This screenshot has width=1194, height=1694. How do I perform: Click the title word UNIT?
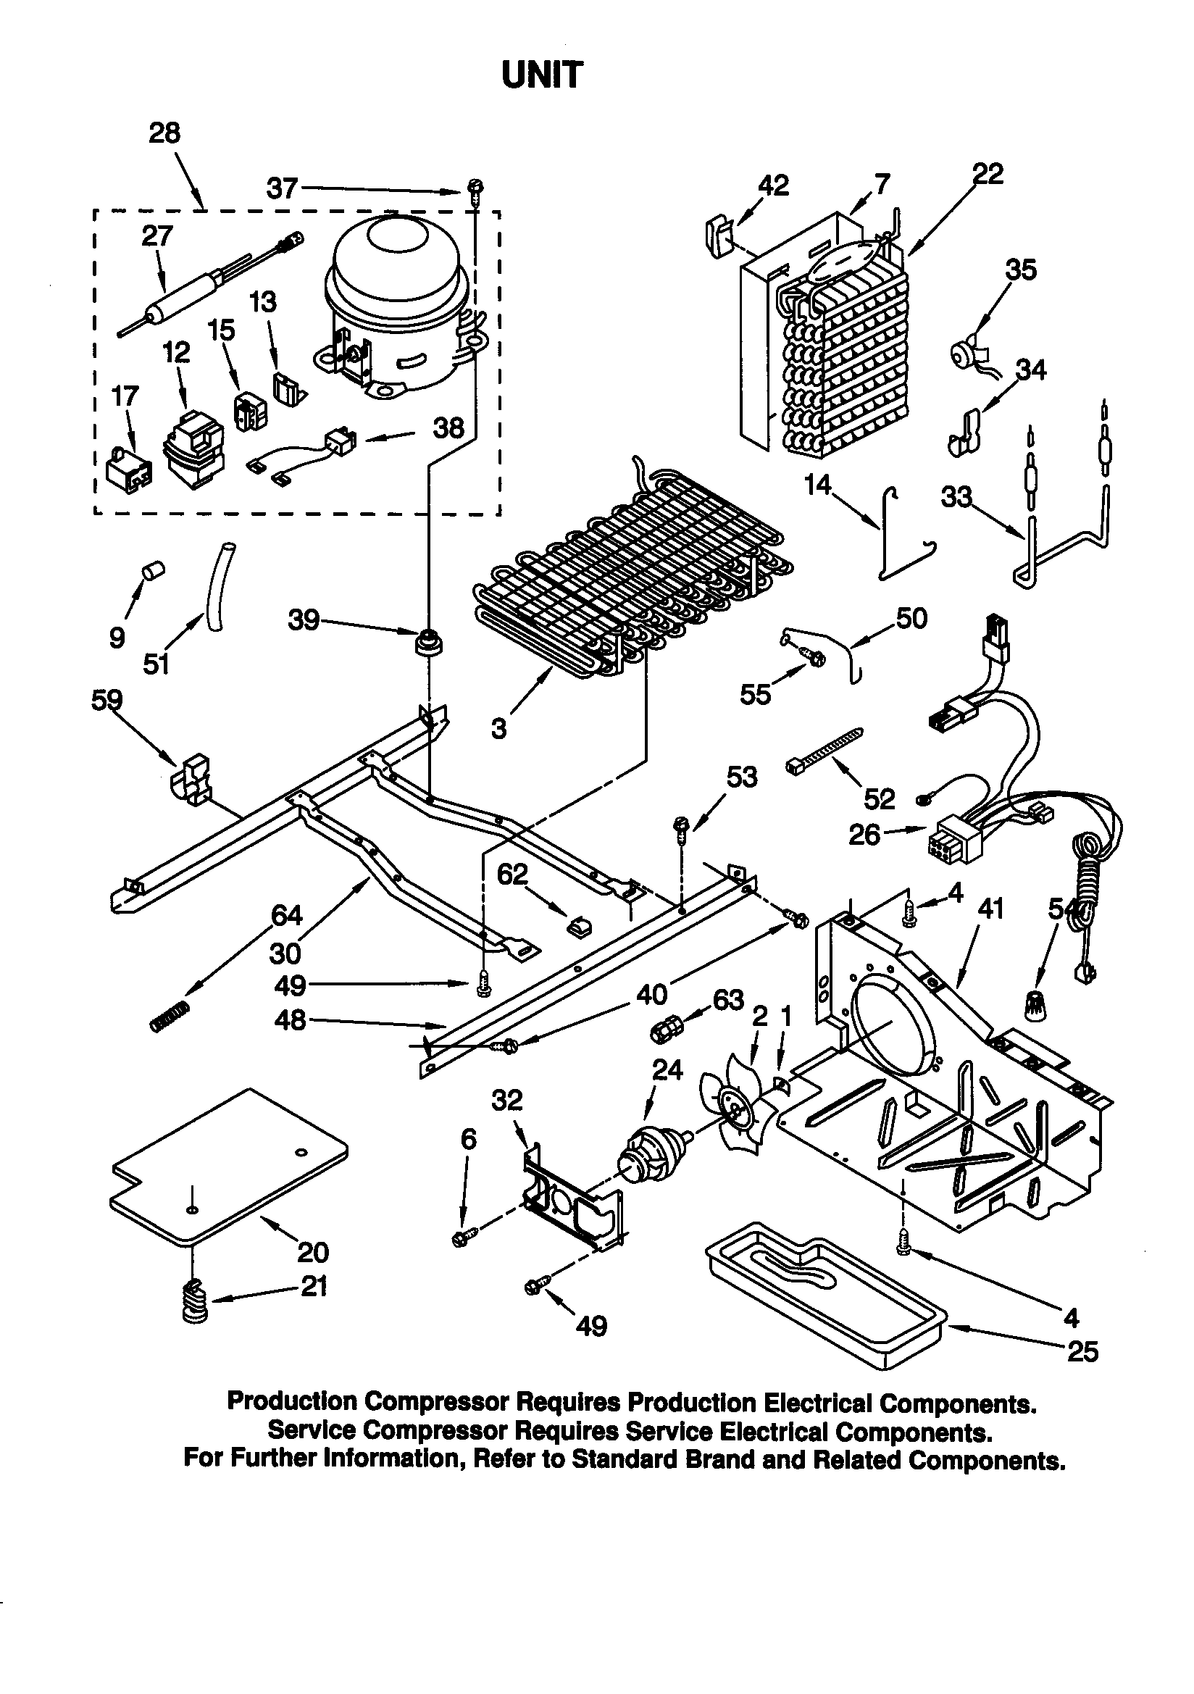(542, 75)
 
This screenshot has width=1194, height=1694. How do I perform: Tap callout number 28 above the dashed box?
(164, 133)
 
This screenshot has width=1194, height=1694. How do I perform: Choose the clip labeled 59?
(191, 778)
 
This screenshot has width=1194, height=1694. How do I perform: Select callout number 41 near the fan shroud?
(990, 909)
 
